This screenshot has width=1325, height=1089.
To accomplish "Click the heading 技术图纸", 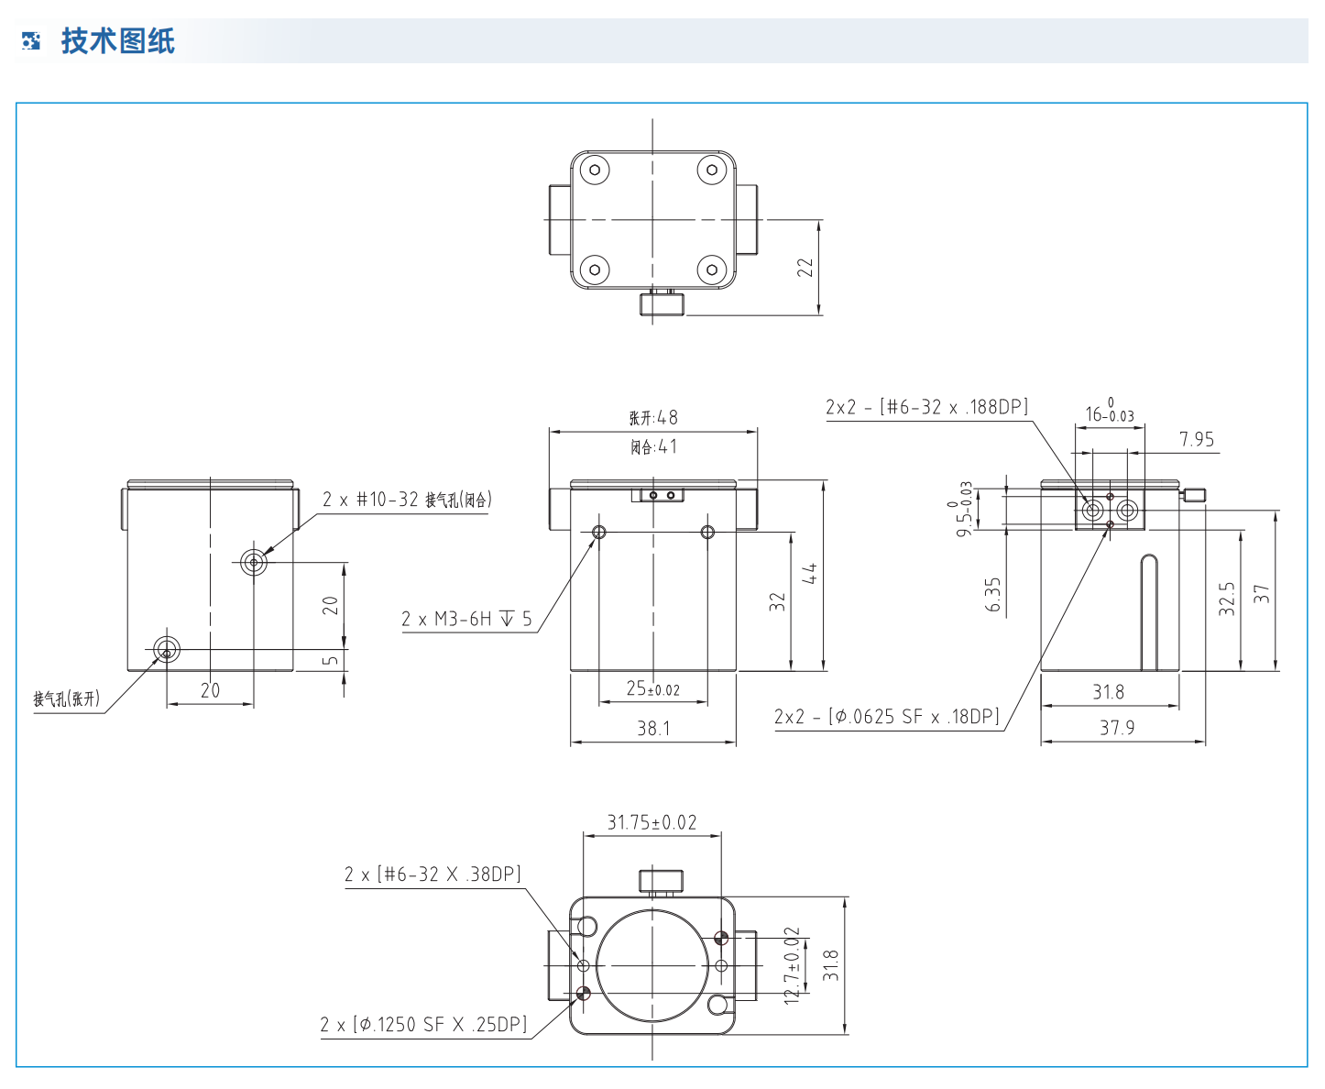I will (117, 41).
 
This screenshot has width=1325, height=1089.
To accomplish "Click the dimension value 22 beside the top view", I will (805, 267).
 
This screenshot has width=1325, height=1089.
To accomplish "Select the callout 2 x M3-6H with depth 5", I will (465, 620).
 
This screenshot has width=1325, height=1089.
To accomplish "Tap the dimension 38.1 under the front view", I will (653, 729).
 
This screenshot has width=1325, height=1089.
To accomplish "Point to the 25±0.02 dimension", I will (652, 688).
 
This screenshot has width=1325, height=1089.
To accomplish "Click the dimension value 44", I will (809, 574).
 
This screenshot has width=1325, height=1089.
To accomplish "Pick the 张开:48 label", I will (653, 418).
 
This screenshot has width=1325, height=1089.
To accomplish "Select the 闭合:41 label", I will (653, 447).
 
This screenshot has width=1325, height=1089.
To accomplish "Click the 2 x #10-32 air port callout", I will (407, 500).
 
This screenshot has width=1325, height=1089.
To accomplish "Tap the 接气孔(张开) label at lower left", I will (66, 699).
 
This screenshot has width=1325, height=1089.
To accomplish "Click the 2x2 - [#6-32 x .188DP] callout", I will (926, 407).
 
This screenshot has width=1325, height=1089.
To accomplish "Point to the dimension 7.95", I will (1196, 440).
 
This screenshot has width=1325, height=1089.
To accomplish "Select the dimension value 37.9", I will (1117, 728).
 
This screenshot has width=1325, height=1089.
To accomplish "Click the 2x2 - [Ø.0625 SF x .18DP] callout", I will (886, 717).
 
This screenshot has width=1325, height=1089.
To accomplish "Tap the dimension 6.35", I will (993, 594).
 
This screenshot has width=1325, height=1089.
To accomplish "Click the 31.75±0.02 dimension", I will (652, 822).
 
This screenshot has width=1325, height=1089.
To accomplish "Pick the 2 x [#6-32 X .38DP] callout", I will (433, 874).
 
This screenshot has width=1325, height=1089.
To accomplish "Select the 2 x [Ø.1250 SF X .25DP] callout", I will (423, 1025).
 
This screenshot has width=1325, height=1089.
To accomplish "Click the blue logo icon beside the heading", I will (31, 41).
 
